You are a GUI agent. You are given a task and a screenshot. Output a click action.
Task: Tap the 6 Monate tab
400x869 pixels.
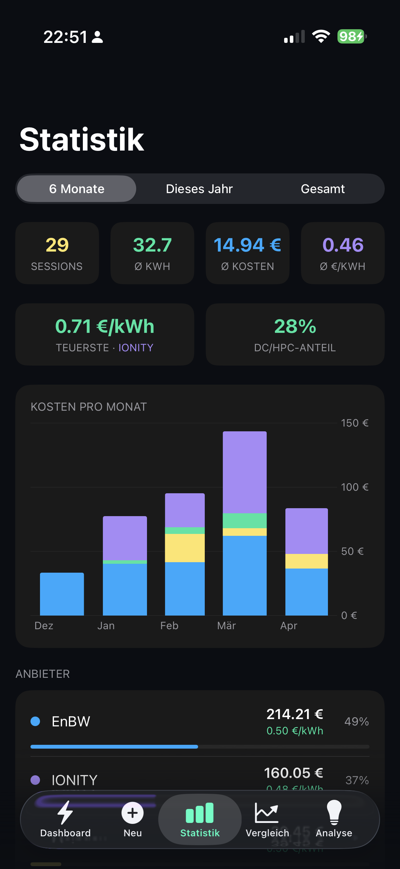[x=77, y=189]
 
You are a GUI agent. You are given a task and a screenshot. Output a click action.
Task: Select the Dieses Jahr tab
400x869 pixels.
[x=199, y=189]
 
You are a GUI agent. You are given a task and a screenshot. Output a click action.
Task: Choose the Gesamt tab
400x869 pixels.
[x=323, y=189]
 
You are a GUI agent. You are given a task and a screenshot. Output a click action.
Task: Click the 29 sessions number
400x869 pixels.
[x=57, y=245]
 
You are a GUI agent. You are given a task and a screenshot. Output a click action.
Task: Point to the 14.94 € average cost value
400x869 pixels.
[x=247, y=245]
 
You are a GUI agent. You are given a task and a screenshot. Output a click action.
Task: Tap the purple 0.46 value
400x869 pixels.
[x=343, y=245]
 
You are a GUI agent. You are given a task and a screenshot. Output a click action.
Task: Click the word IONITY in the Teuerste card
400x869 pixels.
[x=136, y=347]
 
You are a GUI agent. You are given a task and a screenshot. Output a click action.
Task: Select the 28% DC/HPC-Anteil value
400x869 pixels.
[x=295, y=326]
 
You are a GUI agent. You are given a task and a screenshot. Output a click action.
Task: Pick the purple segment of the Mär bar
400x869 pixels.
[x=244, y=472]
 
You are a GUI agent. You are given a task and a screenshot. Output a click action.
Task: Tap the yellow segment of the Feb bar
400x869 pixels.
[x=184, y=548]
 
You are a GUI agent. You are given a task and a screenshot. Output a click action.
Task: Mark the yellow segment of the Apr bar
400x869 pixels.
[x=306, y=561]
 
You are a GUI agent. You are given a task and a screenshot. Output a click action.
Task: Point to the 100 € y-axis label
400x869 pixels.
[x=354, y=487]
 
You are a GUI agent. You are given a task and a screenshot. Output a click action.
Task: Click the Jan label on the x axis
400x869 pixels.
[x=106, y=626]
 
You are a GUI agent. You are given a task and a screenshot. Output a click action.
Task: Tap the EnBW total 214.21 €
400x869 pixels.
[x=294, y=714]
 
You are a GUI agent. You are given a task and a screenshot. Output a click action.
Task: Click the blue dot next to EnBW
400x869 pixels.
[x=36, y=721]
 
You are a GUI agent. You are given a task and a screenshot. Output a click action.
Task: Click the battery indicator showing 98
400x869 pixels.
[x=351, y=37]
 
